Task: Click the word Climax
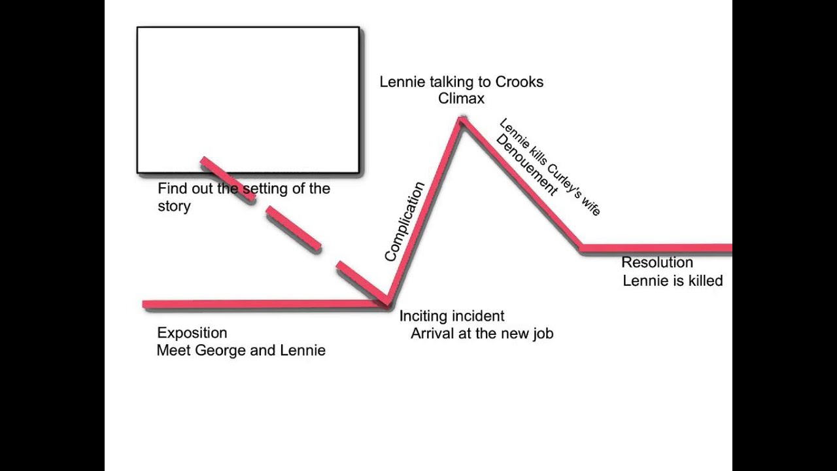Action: click(x=461, y=99)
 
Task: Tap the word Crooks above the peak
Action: click(x=519, y=82)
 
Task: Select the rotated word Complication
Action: click(x=404, y=222)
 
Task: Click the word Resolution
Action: click(x=657, y=262)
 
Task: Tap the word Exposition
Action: click(x=192, y=333)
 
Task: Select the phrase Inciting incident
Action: click(x=452, y=316)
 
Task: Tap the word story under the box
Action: click(x=174, y=206)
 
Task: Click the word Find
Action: click(x=172, y=189)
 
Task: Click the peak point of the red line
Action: click(x=462, y=120)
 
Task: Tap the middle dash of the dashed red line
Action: click(x=294, y=228)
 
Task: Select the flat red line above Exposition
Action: click(x=262, y=304)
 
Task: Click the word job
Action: click(x=542, y=334)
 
